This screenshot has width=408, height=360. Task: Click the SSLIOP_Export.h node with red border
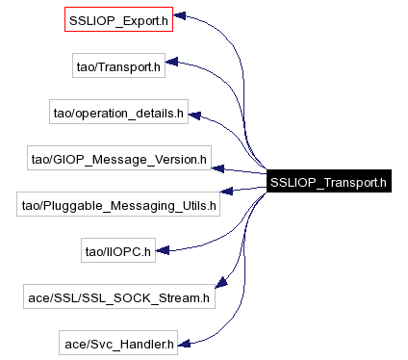click(118, 19)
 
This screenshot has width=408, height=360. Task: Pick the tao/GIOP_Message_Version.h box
click(118, 159)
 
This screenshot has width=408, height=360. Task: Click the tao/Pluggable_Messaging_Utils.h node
click(118, 205)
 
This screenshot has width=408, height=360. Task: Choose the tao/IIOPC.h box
click(118, 251)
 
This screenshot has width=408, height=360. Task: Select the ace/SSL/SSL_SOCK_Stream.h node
click(118, 297)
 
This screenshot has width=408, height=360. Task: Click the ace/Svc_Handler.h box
click(118, 344)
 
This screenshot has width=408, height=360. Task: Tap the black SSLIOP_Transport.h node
click(328, 182)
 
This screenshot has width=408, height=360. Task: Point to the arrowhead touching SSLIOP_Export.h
click(180, 19)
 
